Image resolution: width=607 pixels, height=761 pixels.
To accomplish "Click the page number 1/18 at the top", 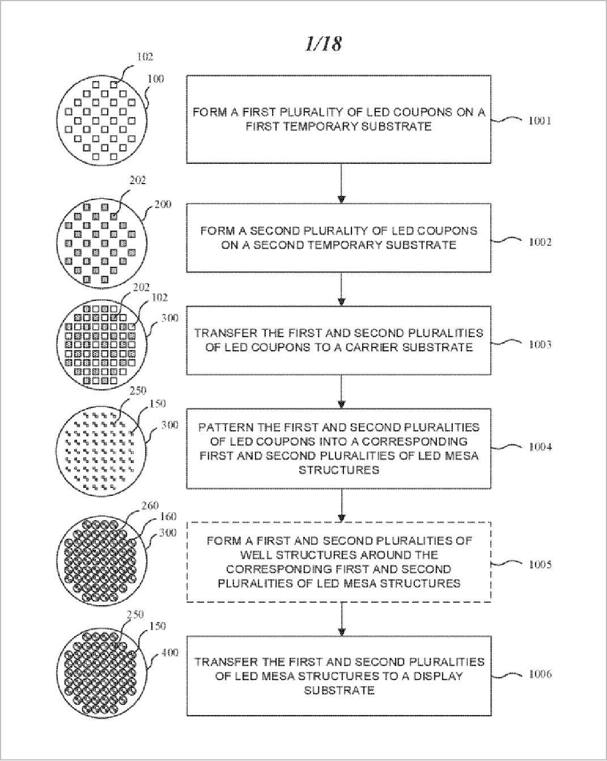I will point(323,44).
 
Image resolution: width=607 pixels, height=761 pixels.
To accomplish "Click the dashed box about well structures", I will point(339,562).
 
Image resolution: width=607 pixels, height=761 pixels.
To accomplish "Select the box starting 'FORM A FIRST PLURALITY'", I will point(339,119).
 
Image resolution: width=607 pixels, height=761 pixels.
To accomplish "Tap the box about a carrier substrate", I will point(339,340).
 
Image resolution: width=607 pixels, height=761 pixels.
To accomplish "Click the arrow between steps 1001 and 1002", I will point(341,183).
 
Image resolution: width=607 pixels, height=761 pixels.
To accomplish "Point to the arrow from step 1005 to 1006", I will point(341,618).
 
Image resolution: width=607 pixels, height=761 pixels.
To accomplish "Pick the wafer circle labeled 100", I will point(103,120).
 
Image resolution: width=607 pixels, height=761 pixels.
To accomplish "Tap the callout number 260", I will point(150,505).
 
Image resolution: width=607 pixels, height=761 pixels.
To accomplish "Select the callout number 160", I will point(168,517).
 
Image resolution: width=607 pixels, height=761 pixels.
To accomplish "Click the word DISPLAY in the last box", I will point(434,676).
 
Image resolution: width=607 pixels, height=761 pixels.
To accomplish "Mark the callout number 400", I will point(169,653).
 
